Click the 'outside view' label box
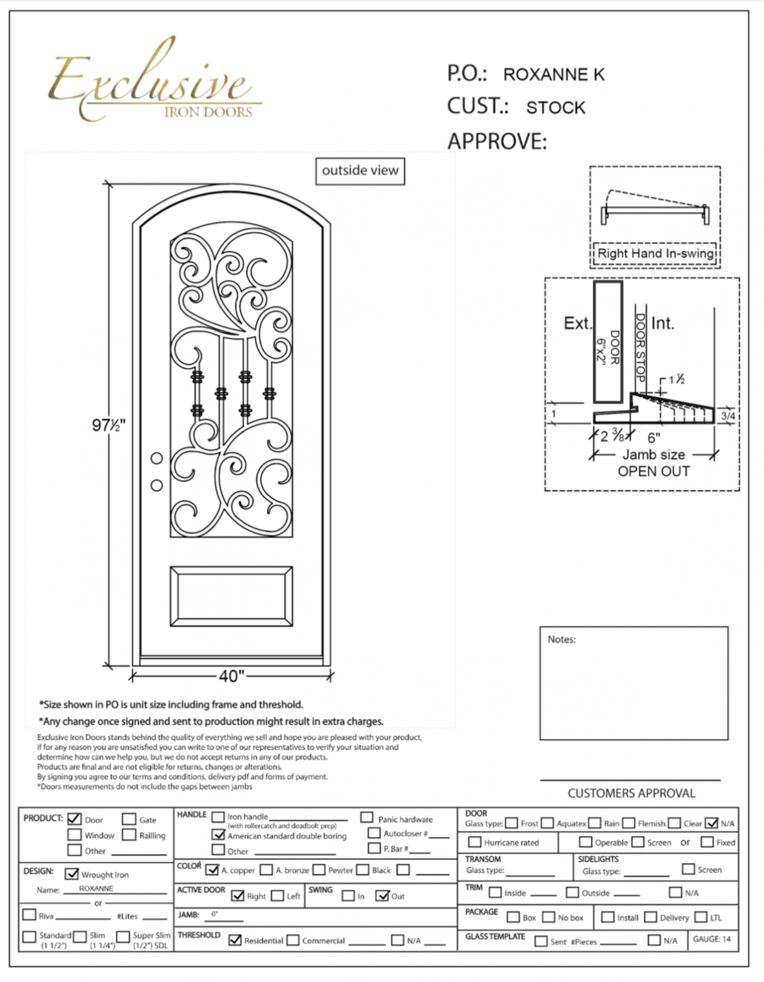(360, 171)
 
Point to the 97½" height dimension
(108, 425)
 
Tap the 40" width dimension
(231, 676)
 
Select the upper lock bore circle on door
(157, 458)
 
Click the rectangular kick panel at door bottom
(232, 596)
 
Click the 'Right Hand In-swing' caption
(655, 253)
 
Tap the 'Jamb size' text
(653, 455)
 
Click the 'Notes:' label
(561, 639)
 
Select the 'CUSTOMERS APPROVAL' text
(631, 793)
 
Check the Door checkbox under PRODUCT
(74, 819)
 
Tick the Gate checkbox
(129, 819)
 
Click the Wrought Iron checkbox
(72, 873)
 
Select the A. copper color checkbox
(212, 869)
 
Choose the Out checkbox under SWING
(383, 896)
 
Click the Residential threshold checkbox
(235, 940)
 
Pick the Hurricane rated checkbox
(475, 842)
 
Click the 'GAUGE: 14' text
(712, 939)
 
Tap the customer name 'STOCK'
(555, 107)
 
